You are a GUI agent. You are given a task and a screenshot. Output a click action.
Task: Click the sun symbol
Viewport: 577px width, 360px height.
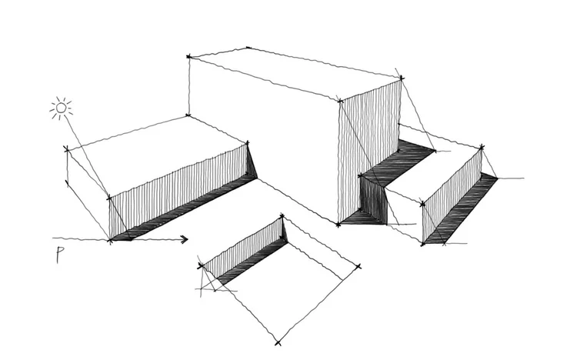pos(62,108)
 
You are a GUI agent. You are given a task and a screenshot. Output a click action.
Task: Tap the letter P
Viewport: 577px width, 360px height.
pos(60,256)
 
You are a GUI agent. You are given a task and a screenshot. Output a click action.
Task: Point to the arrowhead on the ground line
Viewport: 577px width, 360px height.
pos(184,239)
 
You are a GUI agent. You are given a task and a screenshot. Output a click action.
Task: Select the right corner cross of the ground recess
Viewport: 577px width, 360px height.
pos(359,267)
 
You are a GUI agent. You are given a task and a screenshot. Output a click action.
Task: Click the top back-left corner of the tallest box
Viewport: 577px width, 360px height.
pos(189,56)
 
